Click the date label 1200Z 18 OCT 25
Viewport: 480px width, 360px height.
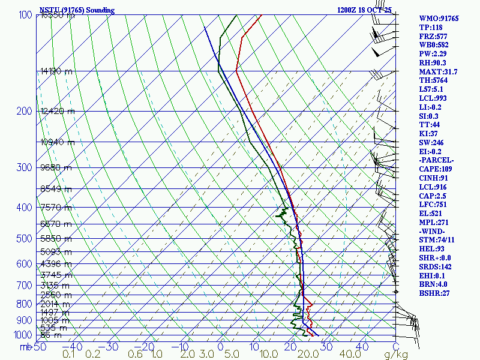373,10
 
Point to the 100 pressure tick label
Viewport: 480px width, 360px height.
25,15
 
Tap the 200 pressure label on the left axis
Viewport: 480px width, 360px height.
25,111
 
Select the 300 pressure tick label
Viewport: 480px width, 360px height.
25,167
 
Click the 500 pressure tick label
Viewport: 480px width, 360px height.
25,239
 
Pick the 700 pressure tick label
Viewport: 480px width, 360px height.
25,285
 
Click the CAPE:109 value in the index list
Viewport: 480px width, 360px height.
437,169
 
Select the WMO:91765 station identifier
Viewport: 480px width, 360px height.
439,19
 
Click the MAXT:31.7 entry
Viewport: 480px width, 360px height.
438,72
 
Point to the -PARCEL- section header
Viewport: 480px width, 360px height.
437,160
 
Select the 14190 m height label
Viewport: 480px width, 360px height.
58,71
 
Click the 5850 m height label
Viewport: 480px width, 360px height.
55,239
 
